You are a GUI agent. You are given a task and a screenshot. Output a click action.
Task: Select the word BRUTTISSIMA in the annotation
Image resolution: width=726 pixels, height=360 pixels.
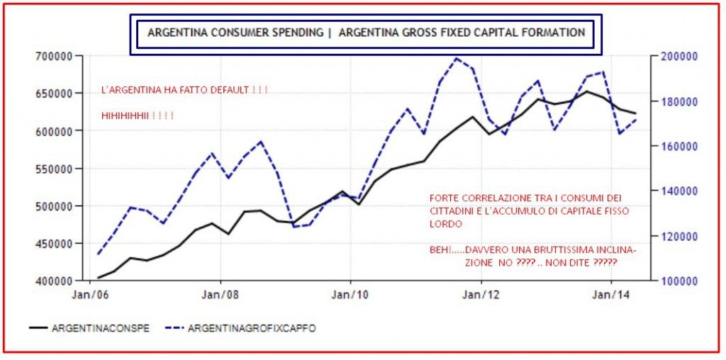pyautogui.click(x=557, y=249)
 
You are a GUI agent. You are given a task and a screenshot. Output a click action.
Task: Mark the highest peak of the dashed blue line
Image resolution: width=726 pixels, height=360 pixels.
pyautogui.click(x=457, y=59)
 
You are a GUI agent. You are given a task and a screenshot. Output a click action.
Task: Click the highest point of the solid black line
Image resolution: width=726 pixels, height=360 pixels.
pyautogui.click(x=587, y=91)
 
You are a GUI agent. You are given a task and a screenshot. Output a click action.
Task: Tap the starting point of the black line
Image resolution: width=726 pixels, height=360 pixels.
pyautogui.click(x=99, y=277)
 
